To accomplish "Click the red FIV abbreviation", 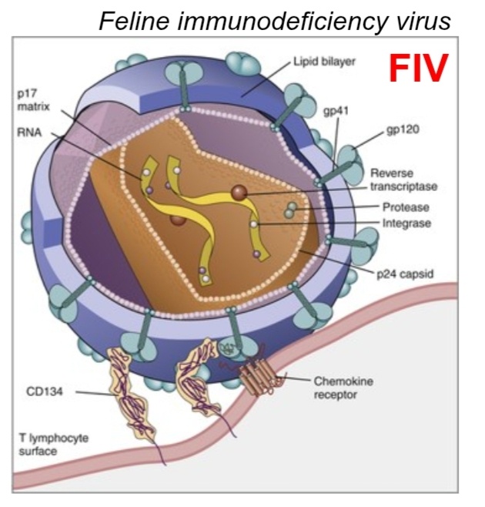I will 417,68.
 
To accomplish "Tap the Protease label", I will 406,208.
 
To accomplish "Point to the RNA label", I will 28,131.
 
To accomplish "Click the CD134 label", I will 43,392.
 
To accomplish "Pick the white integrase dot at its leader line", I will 254,223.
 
